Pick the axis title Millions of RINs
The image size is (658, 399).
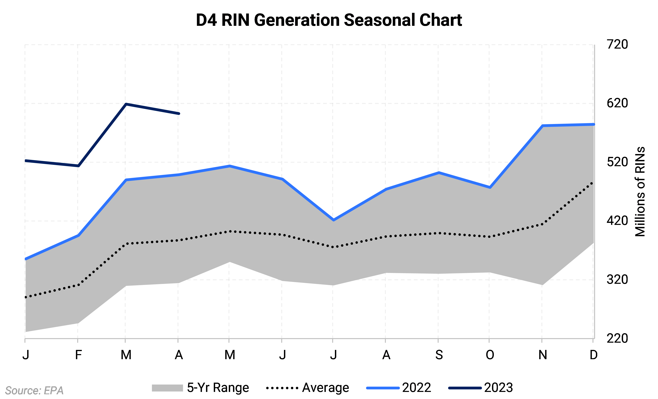click(640, 191)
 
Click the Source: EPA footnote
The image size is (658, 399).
click(34, 390)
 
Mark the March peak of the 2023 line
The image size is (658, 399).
click(126, 104)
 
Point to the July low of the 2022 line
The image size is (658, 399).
click(333, 220)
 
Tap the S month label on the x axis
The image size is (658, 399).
click(439, 355)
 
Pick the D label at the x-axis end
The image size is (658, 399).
click(593, 355)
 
